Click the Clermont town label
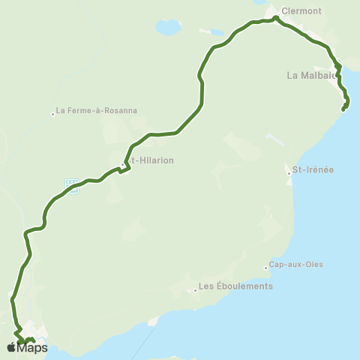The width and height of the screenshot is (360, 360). click(x=301, y=11)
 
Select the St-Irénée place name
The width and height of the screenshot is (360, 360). click(x=313, y=169)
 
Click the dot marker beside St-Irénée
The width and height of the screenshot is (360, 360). click(x=289, y=173)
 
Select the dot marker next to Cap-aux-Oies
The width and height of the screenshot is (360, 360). click(x=265, y=267)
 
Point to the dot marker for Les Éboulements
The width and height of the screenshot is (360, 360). click(x=195, y=289)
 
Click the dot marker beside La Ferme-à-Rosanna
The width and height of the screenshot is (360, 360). click(x=53, y=114)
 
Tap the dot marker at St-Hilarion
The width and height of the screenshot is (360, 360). click(x=122, y=165)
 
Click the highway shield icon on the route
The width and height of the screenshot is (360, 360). click(x=72, y=185)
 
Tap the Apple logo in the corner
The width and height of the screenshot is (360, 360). click(x=11, y=347)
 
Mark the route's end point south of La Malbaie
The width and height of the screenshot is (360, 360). click(x=343, y=110)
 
